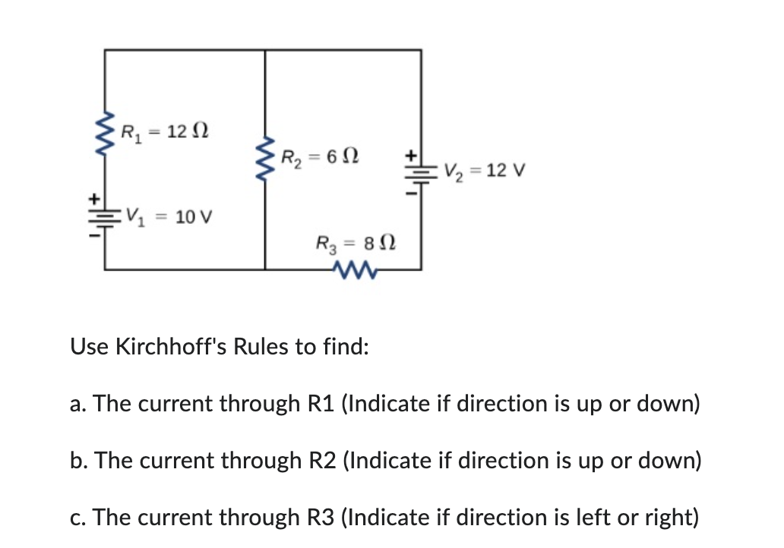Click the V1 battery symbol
[x=104, y=216]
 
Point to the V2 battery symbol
[x=420, y=172]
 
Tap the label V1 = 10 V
[x=169, y=216]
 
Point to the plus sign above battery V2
[x=411, y=154]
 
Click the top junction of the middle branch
[x=265, y=50]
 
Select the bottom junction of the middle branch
[x=265, y=269]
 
